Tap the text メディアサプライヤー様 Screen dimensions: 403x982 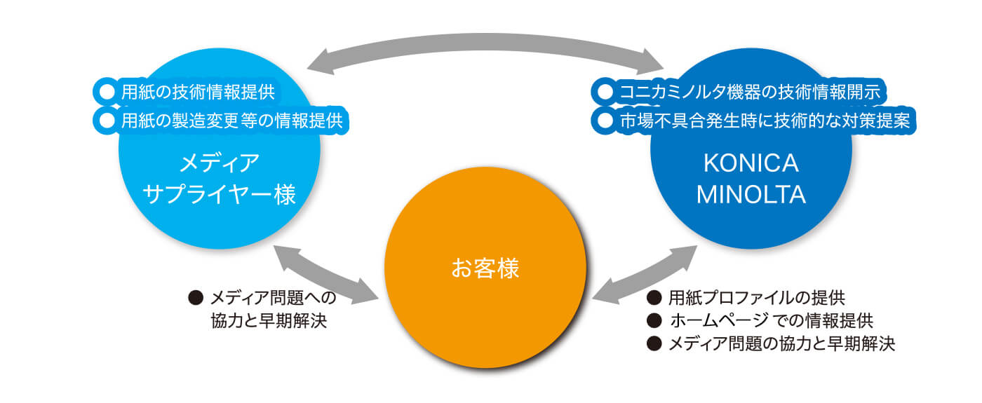pyautogui.click(x=220, y=180)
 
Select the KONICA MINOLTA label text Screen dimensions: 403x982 pyautogui.click(x=751, y=179)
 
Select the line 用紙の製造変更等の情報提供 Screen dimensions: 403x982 pyautogui.click(x=231, y=121)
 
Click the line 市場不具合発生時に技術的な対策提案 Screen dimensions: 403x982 pyautogui.click(x=765, y=121)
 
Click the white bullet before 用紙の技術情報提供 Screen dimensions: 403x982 pyautogui.click(x=107, y=90)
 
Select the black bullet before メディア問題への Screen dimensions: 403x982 pyautogui.click(x=196, y=298)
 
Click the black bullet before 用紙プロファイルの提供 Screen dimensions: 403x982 pyautogui.click(x=654, y=297)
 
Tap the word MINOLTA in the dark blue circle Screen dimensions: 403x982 pyautogui.click(x=751, y=194)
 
